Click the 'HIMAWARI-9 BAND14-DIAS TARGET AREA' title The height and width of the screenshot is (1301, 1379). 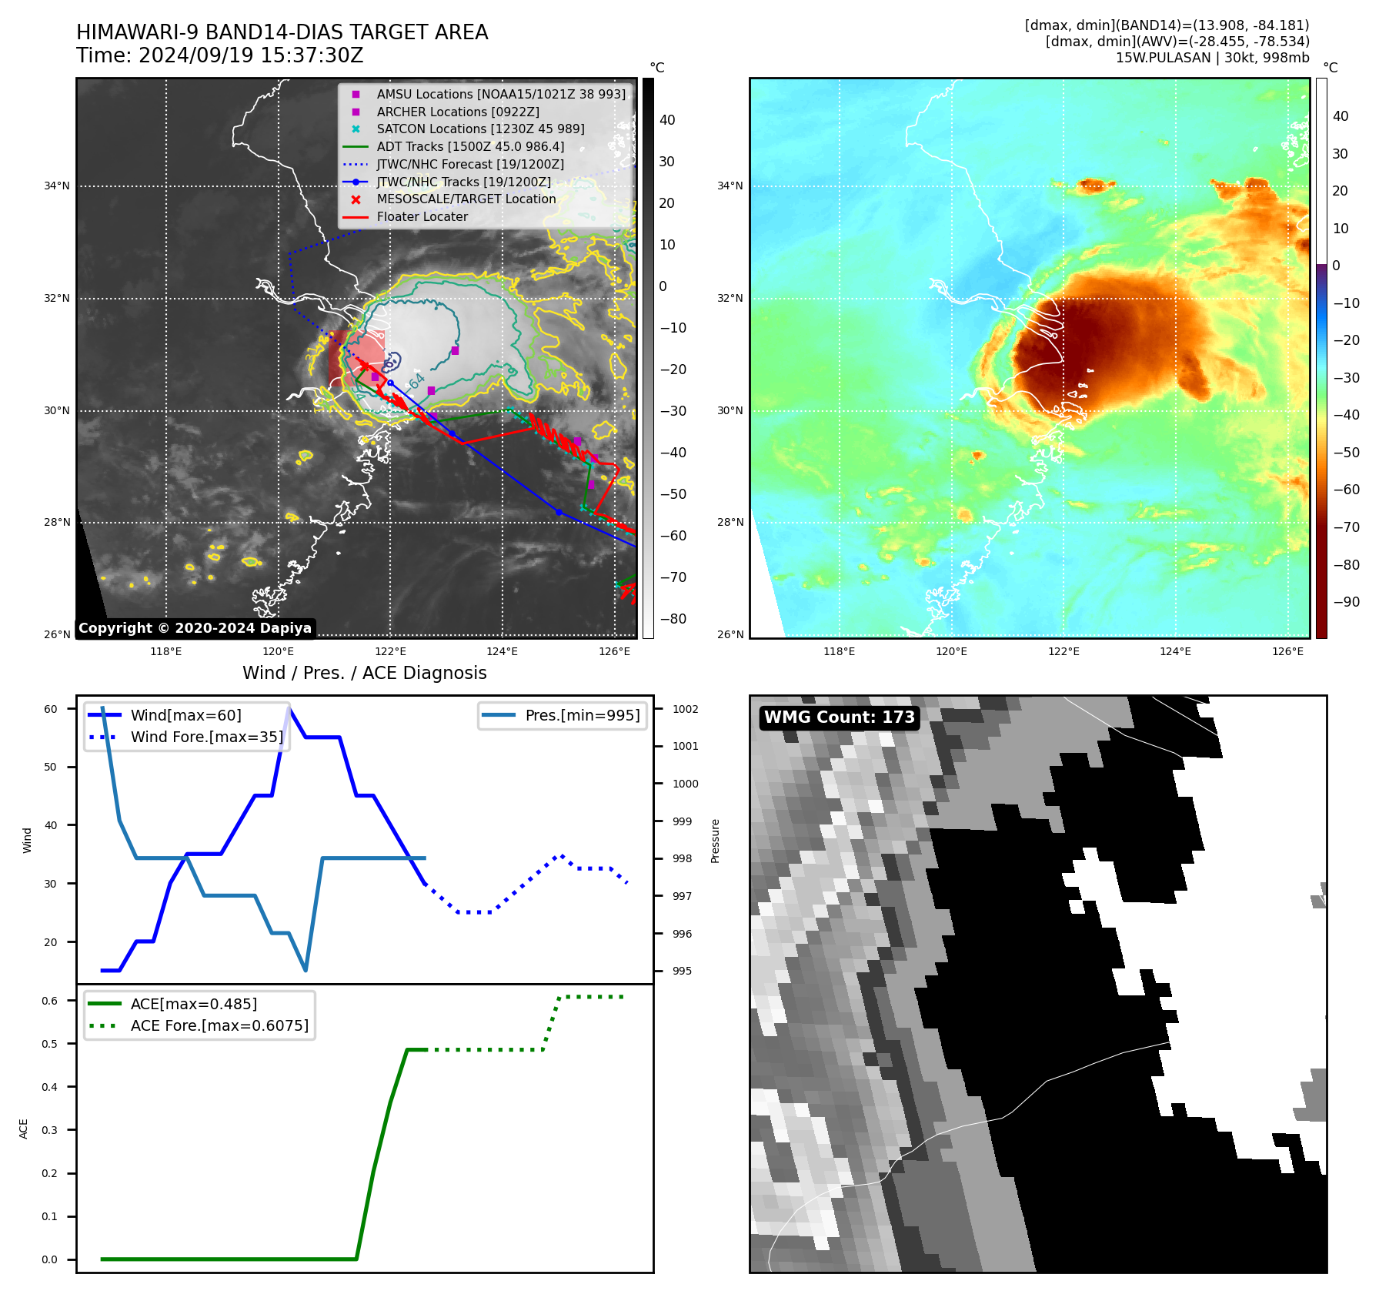click(x=282, y=32)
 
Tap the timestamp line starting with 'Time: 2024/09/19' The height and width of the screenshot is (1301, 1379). click(x=219, y=55)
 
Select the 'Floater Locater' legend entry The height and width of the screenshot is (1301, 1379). click(x=422, y=216)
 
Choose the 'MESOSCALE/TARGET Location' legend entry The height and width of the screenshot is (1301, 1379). click(x=466, y=199)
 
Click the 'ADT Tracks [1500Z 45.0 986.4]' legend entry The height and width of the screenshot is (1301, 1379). click(x=470, y=146)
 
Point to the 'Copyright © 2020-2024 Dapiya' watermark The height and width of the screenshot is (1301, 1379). click(x=195, y=628)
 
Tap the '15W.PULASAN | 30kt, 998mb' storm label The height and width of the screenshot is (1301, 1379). click(x=1212, y=58)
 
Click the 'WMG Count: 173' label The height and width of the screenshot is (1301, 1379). click(x=839, y=717)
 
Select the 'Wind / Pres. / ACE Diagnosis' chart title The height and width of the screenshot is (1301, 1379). click(x=364, y=673)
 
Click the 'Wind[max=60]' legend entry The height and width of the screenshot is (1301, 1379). click(x=185, y=715)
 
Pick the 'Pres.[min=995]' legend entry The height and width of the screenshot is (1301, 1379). click(x=582, y=715)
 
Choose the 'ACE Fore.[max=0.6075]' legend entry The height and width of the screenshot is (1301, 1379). click(x=219, y=1025)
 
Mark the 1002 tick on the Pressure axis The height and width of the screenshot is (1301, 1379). click(x=685, y=709)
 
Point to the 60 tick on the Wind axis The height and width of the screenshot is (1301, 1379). click(x=51, y=709)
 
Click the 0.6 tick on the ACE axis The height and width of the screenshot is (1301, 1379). click(x=50, y=1001)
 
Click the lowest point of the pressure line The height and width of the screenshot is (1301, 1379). click(x=306, y=970)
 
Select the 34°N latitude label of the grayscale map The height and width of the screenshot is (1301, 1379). click(x=56, y=186)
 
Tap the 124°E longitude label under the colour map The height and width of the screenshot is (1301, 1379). click(x=1175, y=651)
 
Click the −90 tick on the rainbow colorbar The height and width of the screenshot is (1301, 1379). click(x=1346, y=602)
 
